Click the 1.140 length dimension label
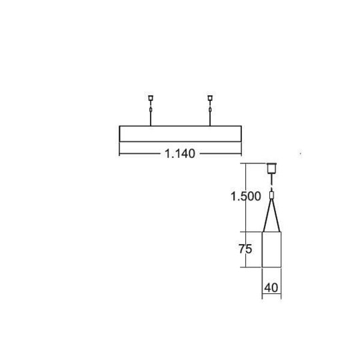[x=180, y=153]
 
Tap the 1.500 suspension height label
[x=245, y=196]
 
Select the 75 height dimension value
[x=245, y=249]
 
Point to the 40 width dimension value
[x=271, y=288]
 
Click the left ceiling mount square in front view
[x=151, y=98]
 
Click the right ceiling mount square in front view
[x=210, y=98]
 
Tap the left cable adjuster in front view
[x=151, y=110]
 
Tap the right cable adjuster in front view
[x=210, y=110]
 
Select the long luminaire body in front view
[x=180, y=134]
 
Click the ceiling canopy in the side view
[x=271, y=168]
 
